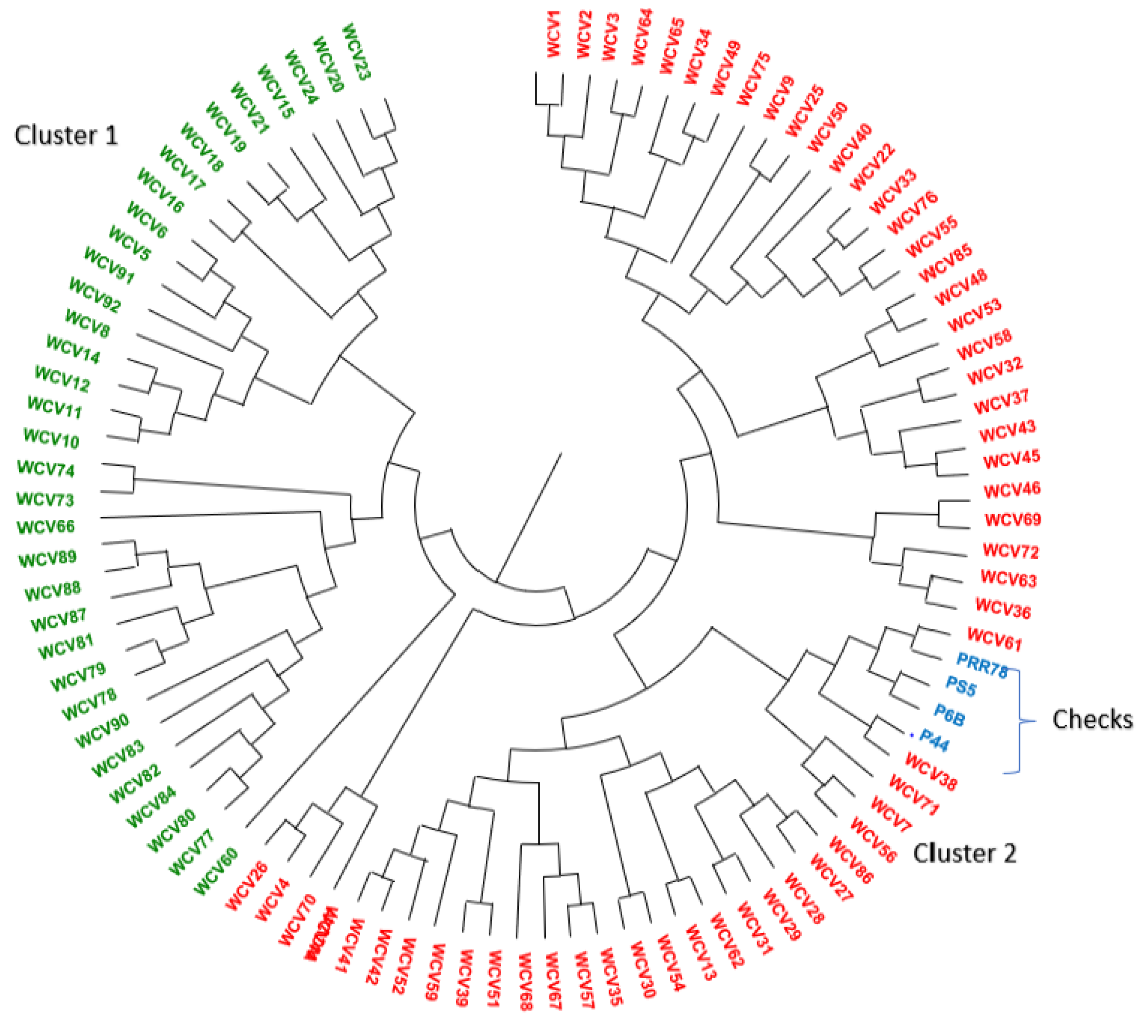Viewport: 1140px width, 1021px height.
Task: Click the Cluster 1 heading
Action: pos(66,136)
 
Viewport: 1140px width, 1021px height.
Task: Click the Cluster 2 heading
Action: pos(964,853)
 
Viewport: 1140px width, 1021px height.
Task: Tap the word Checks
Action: pos(1092,719)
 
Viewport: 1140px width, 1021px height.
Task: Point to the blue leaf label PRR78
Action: pos(982,665)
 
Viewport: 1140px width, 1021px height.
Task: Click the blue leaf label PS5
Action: pos(961,685)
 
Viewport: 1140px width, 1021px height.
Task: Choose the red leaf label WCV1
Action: pos(554,33)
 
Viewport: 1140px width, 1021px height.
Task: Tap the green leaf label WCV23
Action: pos(356,51)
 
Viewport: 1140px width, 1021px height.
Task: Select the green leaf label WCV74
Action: pos(46,468)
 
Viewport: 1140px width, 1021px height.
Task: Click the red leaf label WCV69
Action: pos(1013,519)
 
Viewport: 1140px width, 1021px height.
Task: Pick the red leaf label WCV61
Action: pos(994,639)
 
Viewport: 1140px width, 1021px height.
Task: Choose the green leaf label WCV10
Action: pos(51,438)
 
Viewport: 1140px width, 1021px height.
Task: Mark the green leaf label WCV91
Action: pos(109,265)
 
